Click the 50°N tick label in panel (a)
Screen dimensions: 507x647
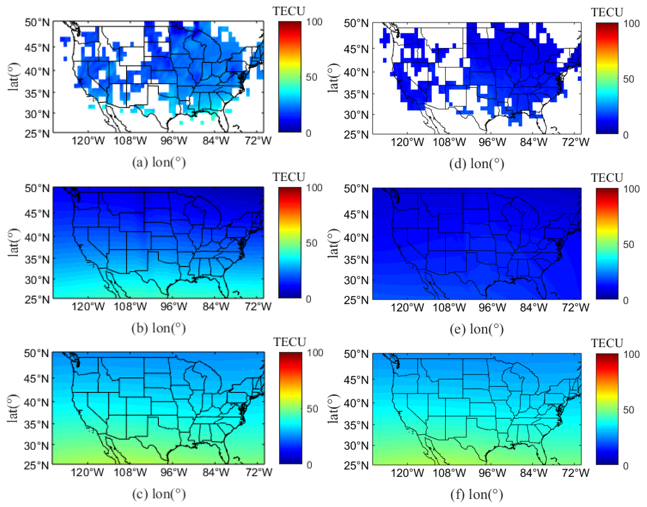pyautogui.click(x=37, y=22)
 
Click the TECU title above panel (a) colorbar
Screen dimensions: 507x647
pyautogui.click(x=289, y=11)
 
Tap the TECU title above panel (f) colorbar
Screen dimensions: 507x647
pyautogui.click(x=607, y=343)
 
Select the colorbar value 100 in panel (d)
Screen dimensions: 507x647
pyautogui.click(x=631, y=24)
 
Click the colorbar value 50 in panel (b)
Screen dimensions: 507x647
pyautogui.click(x=311, y=243)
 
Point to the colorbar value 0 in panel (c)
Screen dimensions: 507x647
pyautogui.click(x=309, y=465)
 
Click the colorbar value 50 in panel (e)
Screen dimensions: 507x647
pyautogui.click(x=629, y=245)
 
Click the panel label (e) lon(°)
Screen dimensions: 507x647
pyautogui.click(x=477, y=329)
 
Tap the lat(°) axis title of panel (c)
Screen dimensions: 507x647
pyautogui.click(x=13, y=408)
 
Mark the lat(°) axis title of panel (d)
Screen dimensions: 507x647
pyautogui.click(x=333, y=78)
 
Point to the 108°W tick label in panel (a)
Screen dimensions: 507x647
pyautogui.click(x=130, y=140)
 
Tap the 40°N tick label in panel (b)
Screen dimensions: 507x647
pyautogui.click(x=37, y=237)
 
